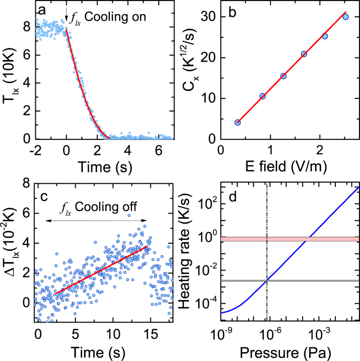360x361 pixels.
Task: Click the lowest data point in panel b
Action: (238, 123)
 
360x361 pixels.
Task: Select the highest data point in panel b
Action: (346, 17)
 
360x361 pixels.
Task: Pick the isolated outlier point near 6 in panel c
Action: (128, 215)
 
